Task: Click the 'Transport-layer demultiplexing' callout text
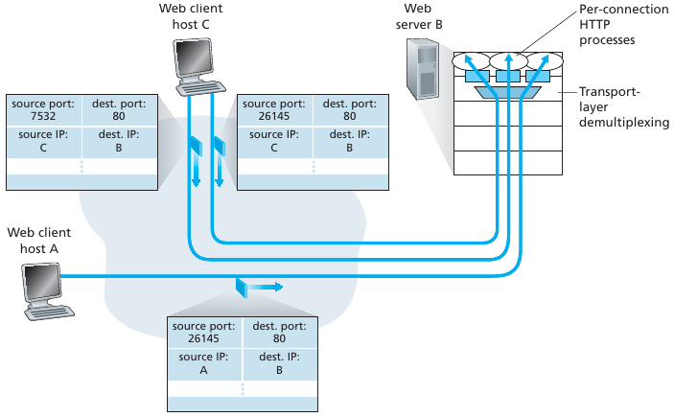pyautogui.click(x=624, y=107)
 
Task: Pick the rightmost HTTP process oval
pyautogui.click(x=544, y=60)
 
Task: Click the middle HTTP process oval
pyautogui.click(x=507, y=60)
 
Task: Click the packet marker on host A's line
pyautogui.click(x=241, y=287)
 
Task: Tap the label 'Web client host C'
pyautogui.click(x=197, y=14)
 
